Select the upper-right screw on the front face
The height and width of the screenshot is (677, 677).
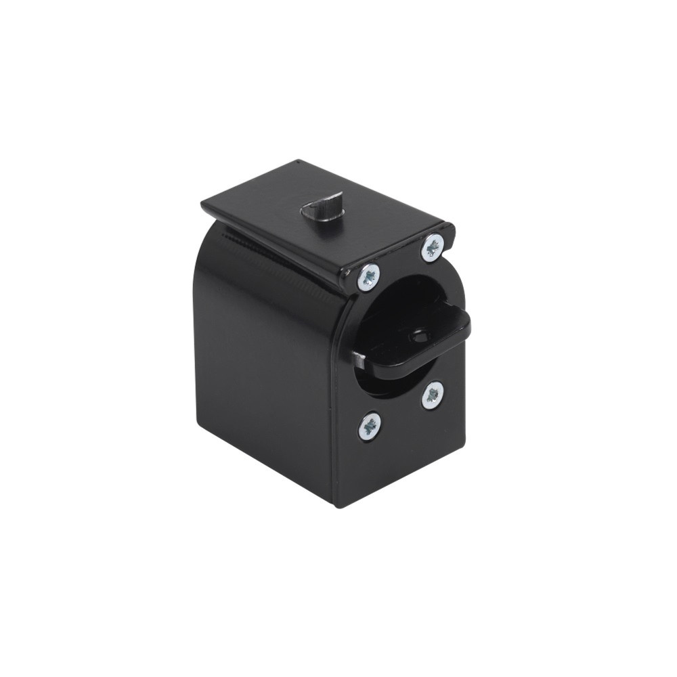point(432,247)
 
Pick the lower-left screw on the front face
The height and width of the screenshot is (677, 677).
point(369,427)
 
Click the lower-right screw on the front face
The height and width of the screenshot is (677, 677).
point(433,395)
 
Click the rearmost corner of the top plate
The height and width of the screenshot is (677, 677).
point(298,162)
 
